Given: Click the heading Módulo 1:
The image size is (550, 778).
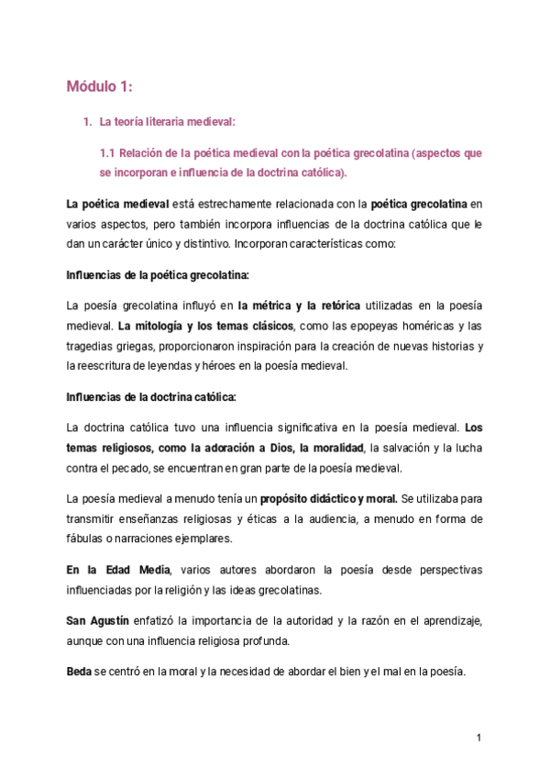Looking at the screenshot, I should [100, 87].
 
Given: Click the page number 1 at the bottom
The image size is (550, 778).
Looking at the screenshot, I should [478, 738].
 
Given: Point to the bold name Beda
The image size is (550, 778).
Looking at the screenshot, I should [79, 671].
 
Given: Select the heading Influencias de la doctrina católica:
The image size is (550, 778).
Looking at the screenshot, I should [151, 397].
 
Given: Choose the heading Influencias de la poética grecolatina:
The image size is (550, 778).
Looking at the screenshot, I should [158, 275].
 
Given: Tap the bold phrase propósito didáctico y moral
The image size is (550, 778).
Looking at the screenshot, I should [328, 499].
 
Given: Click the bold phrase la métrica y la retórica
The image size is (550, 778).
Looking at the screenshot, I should [299, 306].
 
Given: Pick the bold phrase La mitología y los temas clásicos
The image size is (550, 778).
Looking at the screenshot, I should [206, 327].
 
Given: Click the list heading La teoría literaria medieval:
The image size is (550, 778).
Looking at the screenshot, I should [166, 121].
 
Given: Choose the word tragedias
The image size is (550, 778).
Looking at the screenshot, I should [93, 346].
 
